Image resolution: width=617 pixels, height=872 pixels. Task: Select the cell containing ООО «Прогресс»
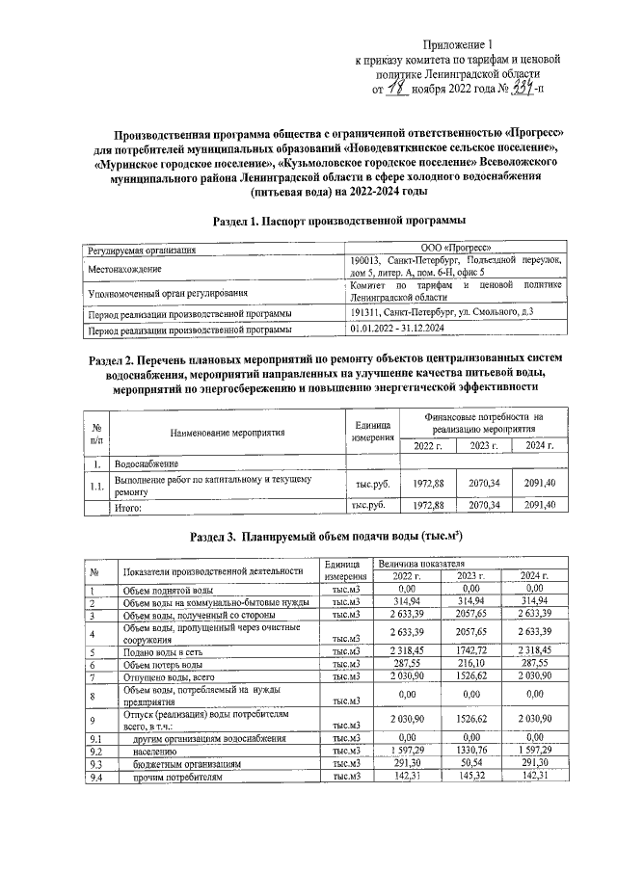[456, 250]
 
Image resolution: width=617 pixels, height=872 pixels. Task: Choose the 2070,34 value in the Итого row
[485, 505]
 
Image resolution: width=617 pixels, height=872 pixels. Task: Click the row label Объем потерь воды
[162, 665]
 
